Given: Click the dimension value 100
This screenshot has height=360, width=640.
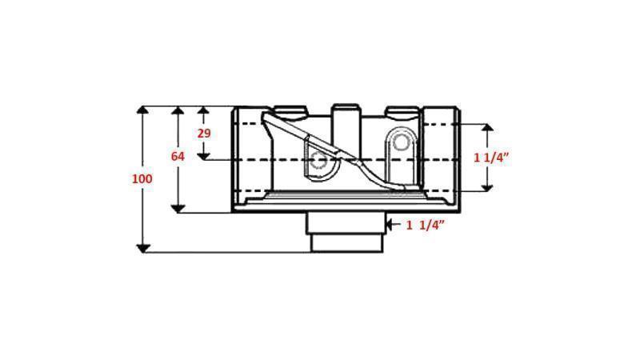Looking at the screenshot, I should pyautogui.click(x=142, y=179).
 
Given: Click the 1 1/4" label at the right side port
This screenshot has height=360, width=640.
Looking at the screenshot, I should pyautogui.click(x=492, y=158).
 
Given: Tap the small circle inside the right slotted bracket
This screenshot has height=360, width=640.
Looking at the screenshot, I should pyautogui.click(x=401, y=145).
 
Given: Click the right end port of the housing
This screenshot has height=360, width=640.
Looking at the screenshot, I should pyautogui.click(x=442, y=158).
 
